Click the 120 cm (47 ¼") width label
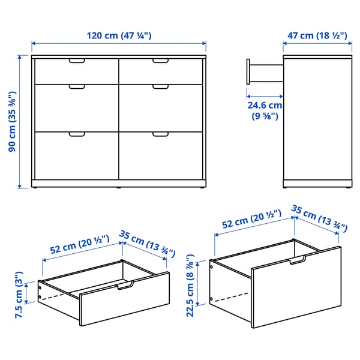pos(118,35)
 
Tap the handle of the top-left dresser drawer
pos(77,61)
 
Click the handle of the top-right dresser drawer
pos(161,61)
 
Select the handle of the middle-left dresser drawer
pos(77,88)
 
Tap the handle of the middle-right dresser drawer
pos(161,88)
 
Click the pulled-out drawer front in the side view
pos(248,73)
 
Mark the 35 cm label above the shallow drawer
pos(147,242)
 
